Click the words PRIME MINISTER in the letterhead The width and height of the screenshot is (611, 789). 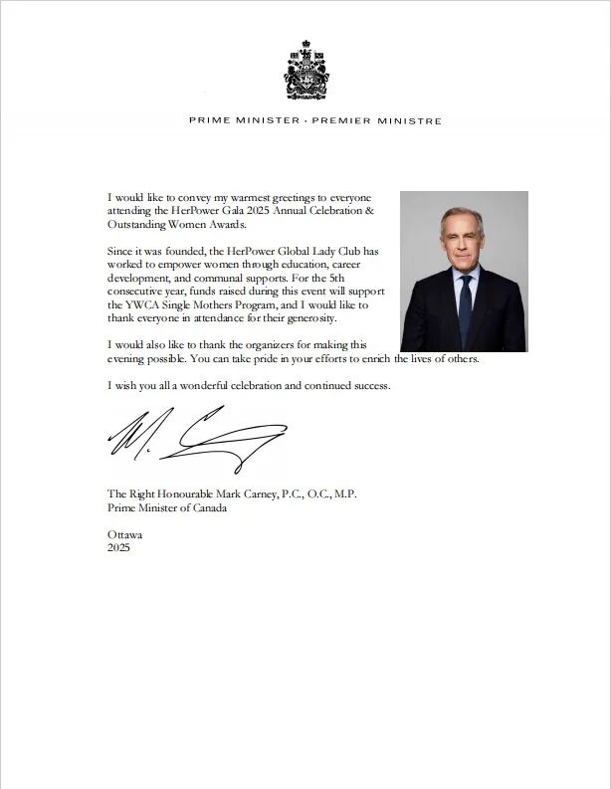click(241, 120)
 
